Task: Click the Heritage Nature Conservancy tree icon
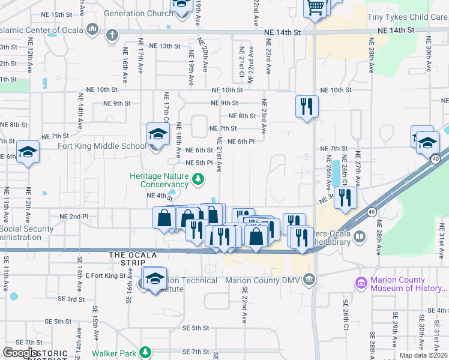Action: click(x=197, y=178)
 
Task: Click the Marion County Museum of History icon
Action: click(x=361, y=282)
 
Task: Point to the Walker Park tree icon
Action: click(x=145, y=352)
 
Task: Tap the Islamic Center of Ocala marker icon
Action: click(x=92, y=29)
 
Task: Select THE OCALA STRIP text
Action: click(x=133, y=255)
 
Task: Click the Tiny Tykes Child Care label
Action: click(x=414, y=17)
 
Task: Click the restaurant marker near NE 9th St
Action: click(x=307, y=107)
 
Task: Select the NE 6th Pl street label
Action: click(x=242, y=141)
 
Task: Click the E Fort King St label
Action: click(x=105, y=275)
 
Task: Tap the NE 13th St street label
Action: click(x=164, y=46)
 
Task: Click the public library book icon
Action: click(x=360, y=236)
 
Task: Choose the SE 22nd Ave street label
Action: click(x=245, y=305)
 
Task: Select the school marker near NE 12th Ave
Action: click(x=28, y=152)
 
